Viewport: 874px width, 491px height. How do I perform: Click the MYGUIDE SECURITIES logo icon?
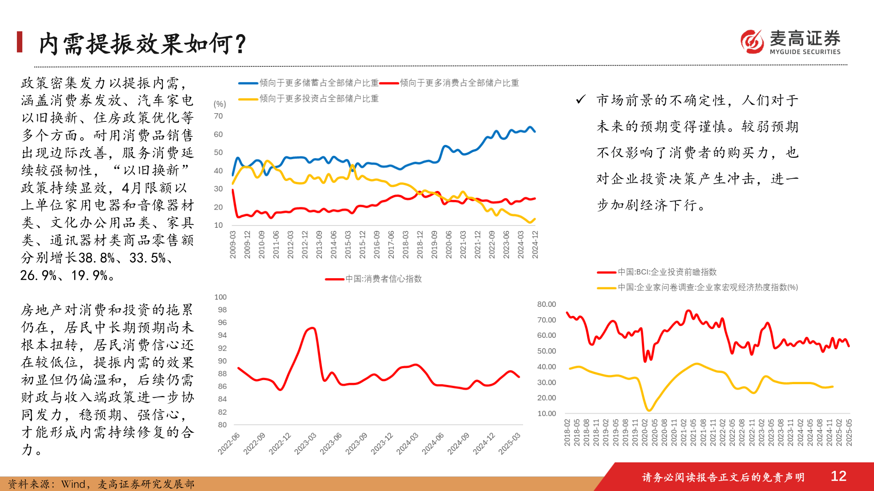tap(752, 42)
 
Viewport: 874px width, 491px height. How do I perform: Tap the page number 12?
tap(838, 476)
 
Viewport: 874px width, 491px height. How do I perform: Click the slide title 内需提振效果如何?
tap(142, 44)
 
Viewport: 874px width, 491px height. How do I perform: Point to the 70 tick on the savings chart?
tap(218, 116)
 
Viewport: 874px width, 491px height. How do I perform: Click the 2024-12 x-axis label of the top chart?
tap(535, 244)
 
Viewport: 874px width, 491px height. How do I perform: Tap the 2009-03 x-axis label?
tap(233, 244)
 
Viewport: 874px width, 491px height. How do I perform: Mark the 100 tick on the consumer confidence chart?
tap(220, 297)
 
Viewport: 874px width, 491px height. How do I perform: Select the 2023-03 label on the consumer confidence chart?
tap(305, 443)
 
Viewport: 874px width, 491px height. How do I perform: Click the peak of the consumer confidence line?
tap(312, 328)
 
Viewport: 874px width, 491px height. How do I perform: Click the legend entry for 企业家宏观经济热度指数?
tap(707, 287)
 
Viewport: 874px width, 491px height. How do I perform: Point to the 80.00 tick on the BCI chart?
tap(546, 304)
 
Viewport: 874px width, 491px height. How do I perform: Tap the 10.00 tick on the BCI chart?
tap(546, 413)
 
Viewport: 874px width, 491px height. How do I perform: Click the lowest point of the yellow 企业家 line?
tap(649, 411)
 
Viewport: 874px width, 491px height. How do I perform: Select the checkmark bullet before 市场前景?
tap(580, 100)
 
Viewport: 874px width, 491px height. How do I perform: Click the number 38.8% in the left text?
tap(97, 258)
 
